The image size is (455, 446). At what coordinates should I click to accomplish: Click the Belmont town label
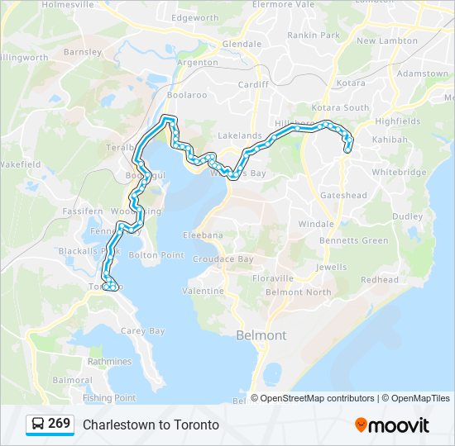pyautogui.click(x=261, y=335)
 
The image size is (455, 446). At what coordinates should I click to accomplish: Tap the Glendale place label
pyautogui.click(x=242, y=44)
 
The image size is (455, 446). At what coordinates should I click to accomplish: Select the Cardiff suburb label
pyautogui.click(x=253, y=84)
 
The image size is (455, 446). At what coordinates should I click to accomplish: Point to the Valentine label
pyautogui.click(x=203, y=291)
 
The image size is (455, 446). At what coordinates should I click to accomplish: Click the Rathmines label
pyautogui.click(x=109, y=361)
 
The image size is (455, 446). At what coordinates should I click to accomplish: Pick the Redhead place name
pyautogui.click(x=379, y=280)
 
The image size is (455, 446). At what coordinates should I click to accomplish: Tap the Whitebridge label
pyautogui.click(x=399, y=173)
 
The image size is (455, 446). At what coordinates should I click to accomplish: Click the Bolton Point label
pyautogui.click(x=156, y=255)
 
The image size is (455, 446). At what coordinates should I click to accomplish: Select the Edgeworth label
pyautogui.click(x=195, y=17)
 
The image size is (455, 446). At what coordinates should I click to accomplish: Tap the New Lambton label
pyautogui.click(x=387, y=40)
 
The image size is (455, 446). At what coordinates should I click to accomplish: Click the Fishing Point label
pyautogui.click(x=108, y=398)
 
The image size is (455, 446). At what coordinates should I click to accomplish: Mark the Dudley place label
pyautogui.click(x=407, y=216)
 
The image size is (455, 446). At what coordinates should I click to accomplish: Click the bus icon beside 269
pyautogui.click(x=38, y=425)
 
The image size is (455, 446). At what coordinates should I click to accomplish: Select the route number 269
pyautogui.click(x=59, y=424)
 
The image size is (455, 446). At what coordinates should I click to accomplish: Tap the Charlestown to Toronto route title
pyautogui.click(x=151, y=425)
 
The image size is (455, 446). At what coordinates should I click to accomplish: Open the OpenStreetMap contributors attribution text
pyautogui.click(x=317, y=398)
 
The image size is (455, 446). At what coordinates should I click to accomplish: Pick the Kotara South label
pyautogui.click(x=340, y=108)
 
